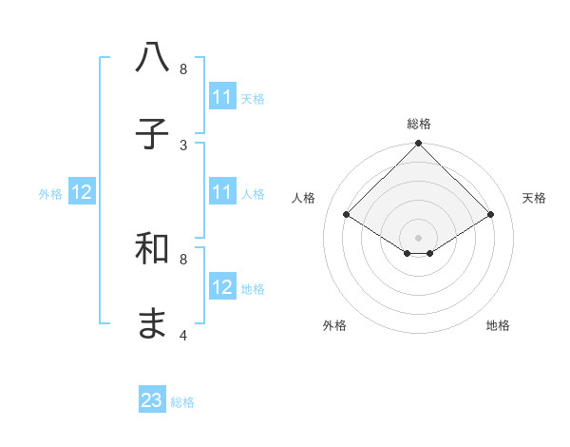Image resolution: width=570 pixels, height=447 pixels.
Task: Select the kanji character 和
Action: (x=153, y=249)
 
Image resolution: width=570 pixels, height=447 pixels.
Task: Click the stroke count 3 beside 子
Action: (x=183, y=145)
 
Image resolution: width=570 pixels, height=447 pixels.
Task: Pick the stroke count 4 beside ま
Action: (x=183, y=335)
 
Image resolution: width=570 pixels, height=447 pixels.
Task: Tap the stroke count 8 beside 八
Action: (x=183, y=69)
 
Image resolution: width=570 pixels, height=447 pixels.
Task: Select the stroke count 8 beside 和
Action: (x=183, y=259)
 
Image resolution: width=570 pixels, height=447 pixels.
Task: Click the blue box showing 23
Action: (x=152, y=400)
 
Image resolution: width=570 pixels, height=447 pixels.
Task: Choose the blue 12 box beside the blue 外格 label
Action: (x=82, y=192)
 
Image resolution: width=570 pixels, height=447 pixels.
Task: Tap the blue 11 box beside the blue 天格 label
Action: (x=222, y=97)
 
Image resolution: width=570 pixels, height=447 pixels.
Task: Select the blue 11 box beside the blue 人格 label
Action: (x=222, y=192)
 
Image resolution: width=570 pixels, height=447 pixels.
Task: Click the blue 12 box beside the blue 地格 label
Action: (x=222, y=287)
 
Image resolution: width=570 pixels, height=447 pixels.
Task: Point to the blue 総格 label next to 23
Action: (x=182, y=402)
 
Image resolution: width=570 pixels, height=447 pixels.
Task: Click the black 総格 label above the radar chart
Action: (x=419, y=124)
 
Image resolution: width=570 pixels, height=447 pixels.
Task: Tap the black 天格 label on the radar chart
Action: (x=534, y=198)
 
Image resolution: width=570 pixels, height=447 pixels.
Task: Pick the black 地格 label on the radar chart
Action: (x=498, y=325)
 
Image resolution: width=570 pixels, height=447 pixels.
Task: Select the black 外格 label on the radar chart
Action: (x=334, y=325)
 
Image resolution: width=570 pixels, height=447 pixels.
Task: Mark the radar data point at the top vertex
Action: (x=419, y=145)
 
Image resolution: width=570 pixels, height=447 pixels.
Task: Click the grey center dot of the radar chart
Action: (x=419, y=237)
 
